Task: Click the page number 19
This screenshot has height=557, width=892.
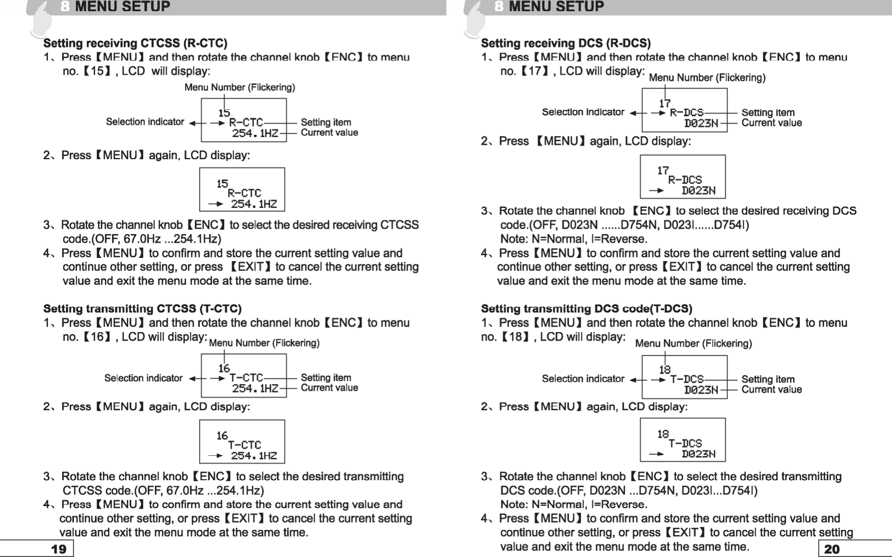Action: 59,549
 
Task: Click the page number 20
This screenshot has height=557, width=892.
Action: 831,549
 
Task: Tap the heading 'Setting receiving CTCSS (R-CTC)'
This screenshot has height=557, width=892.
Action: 135,43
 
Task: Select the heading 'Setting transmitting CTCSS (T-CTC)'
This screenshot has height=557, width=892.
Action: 143,309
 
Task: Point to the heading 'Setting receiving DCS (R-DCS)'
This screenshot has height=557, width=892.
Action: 566,43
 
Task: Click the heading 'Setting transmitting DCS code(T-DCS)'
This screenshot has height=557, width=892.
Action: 587,309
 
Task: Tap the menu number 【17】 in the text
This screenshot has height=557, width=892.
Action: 535,71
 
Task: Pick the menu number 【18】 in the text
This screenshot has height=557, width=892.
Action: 515,337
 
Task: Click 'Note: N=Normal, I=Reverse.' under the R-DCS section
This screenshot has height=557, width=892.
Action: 574,239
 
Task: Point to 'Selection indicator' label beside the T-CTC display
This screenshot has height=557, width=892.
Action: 143,378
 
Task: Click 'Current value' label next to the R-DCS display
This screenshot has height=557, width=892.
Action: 771,123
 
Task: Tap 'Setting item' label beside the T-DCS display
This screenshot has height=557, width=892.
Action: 768,379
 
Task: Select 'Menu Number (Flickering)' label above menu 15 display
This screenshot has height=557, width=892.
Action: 239,87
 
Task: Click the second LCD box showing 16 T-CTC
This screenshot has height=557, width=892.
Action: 242,442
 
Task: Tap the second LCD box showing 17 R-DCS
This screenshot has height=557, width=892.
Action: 682,177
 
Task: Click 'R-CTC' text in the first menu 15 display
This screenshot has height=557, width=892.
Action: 246,123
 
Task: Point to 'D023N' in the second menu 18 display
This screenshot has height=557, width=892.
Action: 699,454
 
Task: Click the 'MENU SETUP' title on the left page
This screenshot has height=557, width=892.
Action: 122,7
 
